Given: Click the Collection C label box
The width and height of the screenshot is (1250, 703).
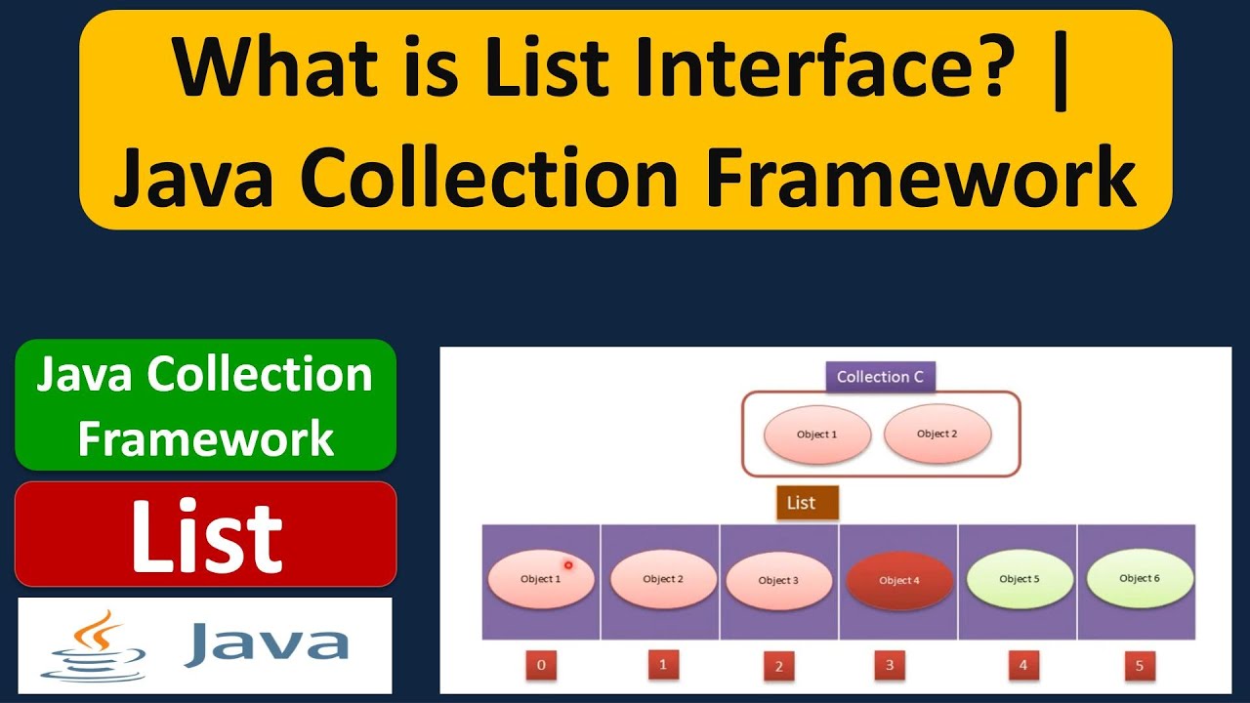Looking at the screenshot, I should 880,377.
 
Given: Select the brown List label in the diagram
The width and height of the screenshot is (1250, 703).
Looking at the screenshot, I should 801,503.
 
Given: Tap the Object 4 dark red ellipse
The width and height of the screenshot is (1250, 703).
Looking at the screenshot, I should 898,580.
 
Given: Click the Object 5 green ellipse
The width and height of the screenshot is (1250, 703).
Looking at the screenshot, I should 1019,578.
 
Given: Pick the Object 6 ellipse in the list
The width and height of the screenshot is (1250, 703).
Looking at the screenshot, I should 1140,577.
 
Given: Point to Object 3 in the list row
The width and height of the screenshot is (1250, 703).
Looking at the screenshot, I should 778,580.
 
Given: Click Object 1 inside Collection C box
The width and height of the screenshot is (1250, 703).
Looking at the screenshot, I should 816,434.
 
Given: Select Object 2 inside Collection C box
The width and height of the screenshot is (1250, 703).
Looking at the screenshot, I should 937,434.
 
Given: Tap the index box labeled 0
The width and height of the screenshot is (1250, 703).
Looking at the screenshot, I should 541,667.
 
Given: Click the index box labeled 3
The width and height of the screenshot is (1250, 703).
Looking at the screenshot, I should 889,666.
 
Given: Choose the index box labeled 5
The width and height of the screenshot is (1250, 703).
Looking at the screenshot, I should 1139,667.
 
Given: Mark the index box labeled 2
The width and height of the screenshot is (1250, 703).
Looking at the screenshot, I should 778,667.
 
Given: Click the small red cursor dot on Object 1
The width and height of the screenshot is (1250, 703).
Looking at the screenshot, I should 567,564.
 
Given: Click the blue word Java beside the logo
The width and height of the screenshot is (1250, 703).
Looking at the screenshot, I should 266,644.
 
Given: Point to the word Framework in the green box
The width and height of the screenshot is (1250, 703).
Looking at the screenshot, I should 206,438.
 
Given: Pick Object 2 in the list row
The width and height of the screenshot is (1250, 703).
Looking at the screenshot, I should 663,579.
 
